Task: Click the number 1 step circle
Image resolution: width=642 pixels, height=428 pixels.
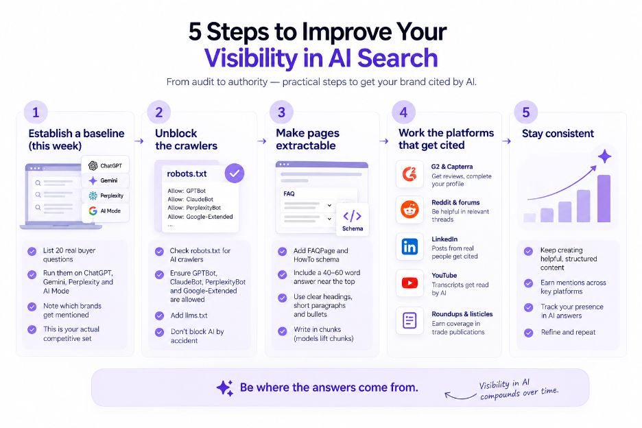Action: (36, 112)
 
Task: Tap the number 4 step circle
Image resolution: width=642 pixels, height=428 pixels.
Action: (404, 112)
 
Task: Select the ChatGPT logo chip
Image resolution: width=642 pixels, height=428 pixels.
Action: (106, 165)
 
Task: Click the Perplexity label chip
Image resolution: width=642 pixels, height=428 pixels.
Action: (106, 195)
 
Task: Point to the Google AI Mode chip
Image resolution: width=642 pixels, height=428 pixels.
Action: (106, 211)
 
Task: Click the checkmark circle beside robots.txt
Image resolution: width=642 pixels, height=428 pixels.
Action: (235, 174)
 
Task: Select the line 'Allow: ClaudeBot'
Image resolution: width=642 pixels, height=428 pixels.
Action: (191, 200)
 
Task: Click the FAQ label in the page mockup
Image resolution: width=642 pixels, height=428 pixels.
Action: (289, 193)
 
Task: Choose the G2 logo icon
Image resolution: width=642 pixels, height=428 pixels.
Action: (409, 174)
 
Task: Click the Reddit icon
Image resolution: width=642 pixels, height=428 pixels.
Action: (409, 210)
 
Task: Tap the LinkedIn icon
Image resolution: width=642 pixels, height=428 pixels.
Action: (409, 246)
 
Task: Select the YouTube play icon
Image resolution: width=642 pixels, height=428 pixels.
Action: (409, 283)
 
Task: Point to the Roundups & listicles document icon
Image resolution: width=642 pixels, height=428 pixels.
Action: (409, 320)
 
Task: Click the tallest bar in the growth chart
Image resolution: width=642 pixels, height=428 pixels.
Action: (604, 199)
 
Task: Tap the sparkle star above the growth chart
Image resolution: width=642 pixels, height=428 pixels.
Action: (604, 156)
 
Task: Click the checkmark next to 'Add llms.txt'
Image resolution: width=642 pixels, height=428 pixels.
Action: (160, 316)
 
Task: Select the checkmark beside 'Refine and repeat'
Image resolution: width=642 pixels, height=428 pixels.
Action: (529, 333)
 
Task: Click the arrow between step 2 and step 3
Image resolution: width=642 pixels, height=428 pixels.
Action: (261, 141)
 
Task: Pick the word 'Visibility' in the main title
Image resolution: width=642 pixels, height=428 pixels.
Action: (251, 58)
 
